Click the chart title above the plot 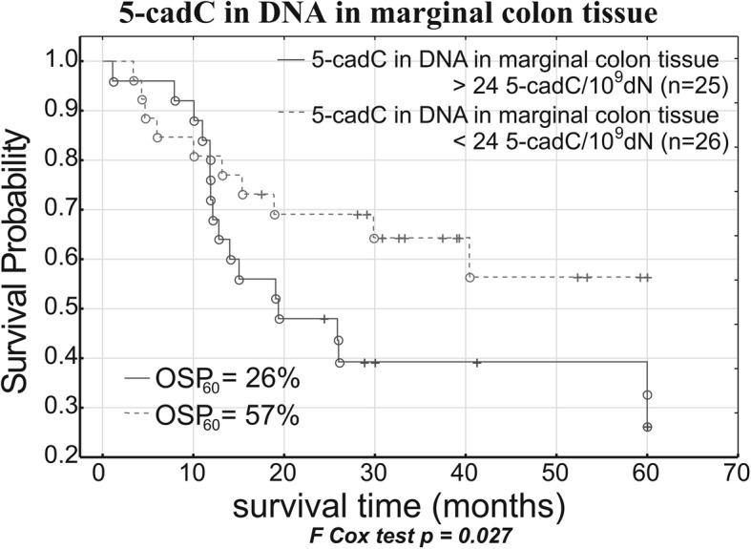click(375, 16)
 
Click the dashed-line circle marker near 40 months click(469, 277)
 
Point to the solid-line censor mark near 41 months click(477, 363)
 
